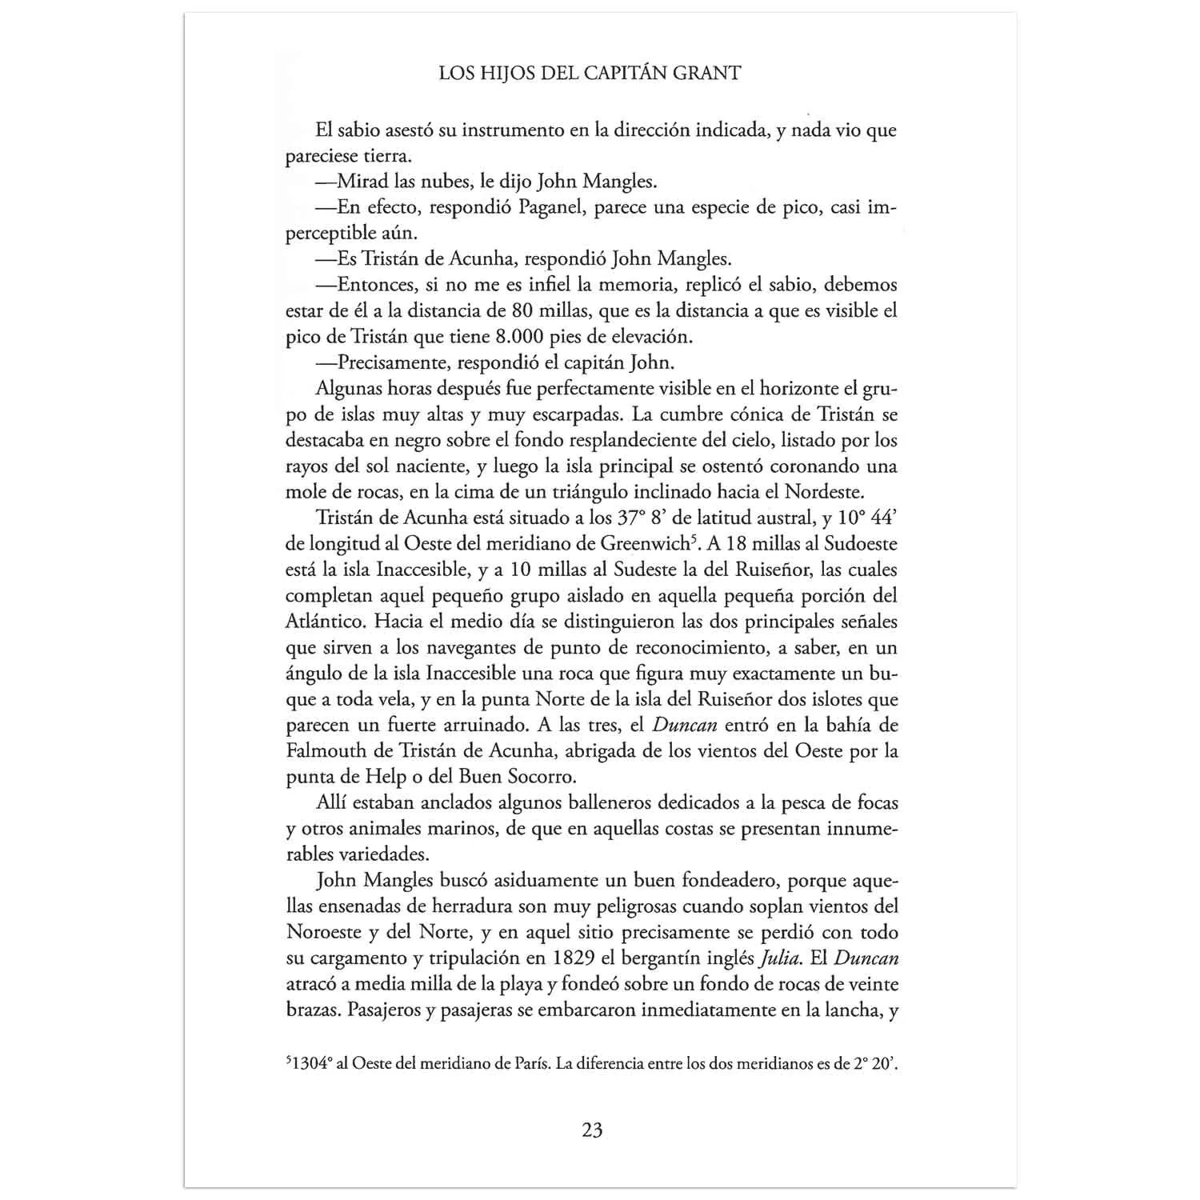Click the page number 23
592,1130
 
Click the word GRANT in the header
706,74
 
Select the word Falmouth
321,751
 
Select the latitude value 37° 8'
646,518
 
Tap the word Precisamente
391,362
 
